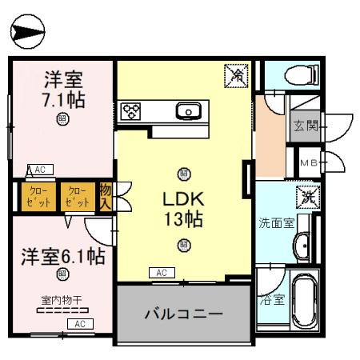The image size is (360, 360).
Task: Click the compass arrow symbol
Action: pos(27,32)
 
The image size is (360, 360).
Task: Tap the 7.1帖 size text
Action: pos(64,101)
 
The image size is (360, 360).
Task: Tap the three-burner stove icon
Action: pos(130,111)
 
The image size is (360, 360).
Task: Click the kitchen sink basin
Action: pos(188,110)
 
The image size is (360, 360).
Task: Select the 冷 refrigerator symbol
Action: pos(236,75)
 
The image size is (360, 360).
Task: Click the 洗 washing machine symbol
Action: pos(307,196)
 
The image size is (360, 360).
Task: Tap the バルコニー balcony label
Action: pos(183,313)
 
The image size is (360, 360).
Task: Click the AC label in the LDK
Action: pos(161,273)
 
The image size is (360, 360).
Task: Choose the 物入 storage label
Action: pos(105,196)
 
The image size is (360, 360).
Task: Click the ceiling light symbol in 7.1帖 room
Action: pos(62,120)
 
